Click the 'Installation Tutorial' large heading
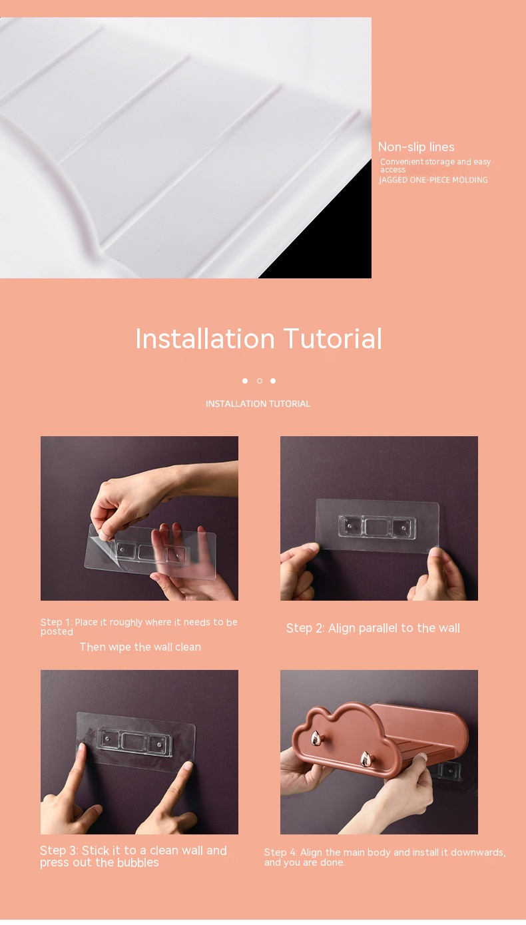[x=259, y=338]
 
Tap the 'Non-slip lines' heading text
[x=416, y=147]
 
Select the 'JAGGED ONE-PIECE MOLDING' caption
[x=433, y=180]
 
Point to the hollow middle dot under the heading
[x=259, y=381]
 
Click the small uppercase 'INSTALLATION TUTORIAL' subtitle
[x=258, y=404]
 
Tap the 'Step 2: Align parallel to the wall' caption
[x=373, y=628]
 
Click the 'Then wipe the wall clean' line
[x=140, y=647]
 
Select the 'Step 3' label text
[x=59, y=850]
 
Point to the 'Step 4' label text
[x=280, y=852]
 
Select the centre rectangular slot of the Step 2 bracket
[x=378, y=527]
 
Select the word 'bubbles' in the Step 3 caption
[x=138, y=862]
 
